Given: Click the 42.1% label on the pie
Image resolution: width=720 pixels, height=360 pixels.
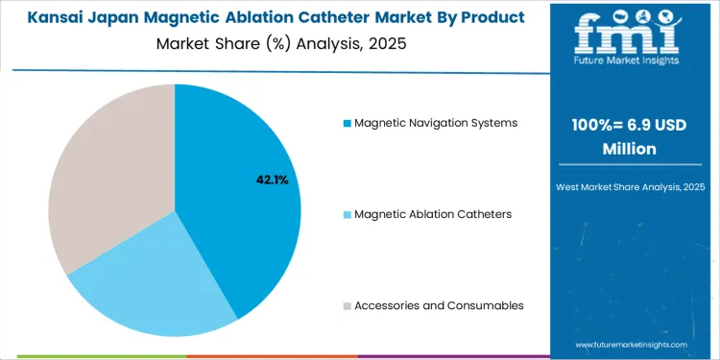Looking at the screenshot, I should [271, 180].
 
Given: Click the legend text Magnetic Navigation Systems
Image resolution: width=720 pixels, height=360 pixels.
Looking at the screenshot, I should [436, 123].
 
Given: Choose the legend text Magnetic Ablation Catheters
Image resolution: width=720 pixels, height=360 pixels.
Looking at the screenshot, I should [433, 214].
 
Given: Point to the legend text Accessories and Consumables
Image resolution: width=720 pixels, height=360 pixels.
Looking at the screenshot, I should [439, 305].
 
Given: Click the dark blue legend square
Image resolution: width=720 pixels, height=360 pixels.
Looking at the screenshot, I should [348, 123].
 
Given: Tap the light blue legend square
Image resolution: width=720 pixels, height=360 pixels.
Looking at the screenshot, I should [348, 214].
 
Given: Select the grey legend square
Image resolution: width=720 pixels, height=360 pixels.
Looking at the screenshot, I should [348, 305].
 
